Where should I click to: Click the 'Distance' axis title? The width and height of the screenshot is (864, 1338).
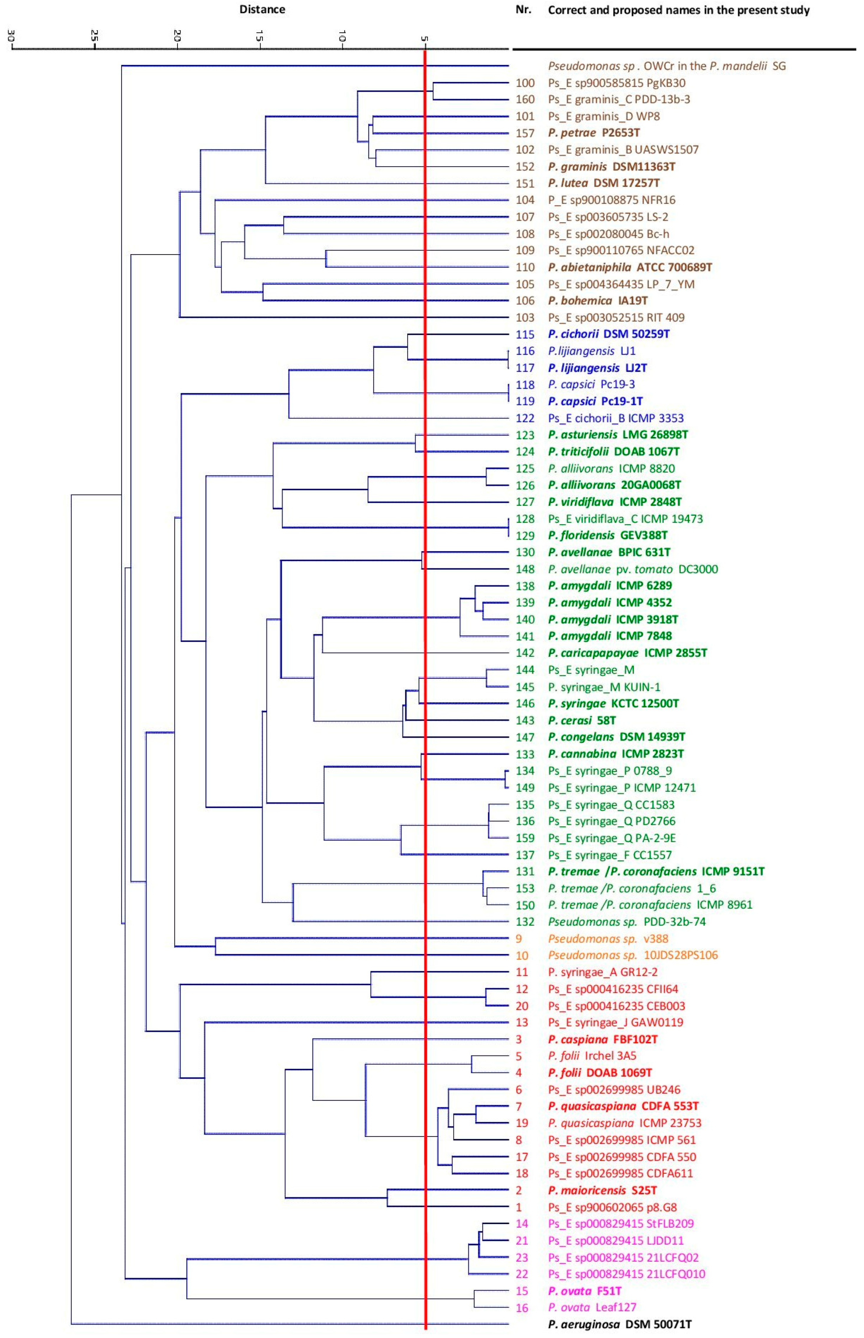[262, 9]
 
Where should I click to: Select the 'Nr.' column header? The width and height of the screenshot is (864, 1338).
[523, 9]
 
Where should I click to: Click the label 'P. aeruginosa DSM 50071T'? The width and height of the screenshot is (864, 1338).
[619, 1324]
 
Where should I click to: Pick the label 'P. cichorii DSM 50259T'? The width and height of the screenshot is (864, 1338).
[609, 334]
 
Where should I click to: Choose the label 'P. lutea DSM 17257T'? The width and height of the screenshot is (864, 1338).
[604, 183]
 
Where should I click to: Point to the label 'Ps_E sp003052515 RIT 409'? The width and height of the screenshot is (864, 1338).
[616, 317]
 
